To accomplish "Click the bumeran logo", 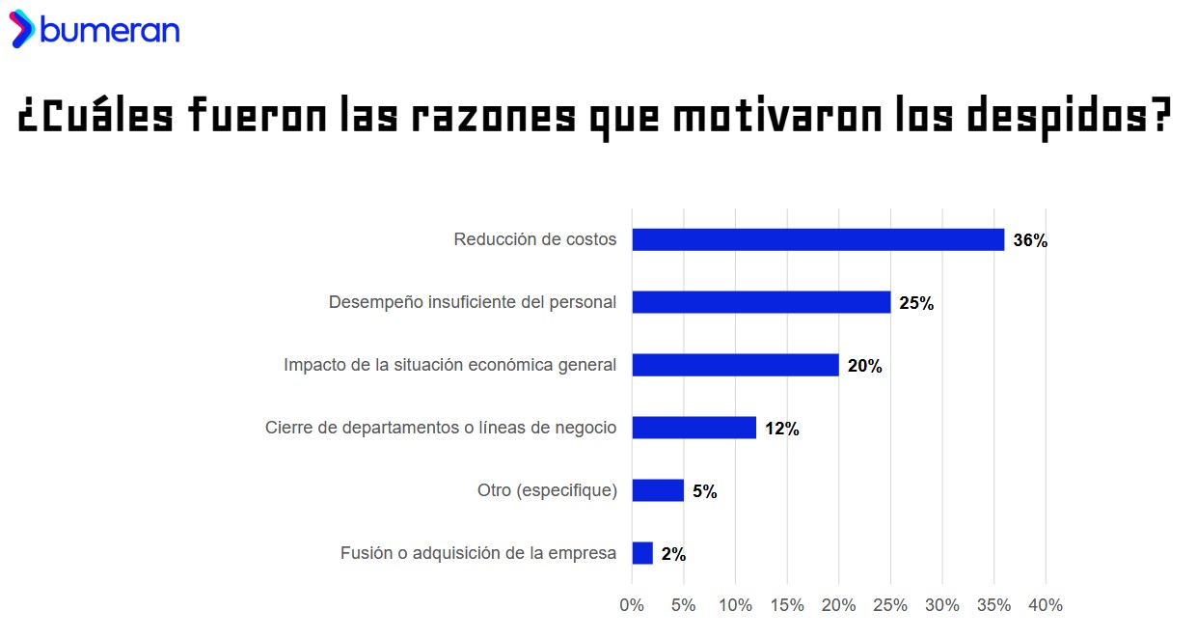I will click(x=95, y=30).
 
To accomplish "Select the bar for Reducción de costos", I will click(x=818, y=239).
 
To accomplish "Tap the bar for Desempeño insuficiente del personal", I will click(x=761, y=302).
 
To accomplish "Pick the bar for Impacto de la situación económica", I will click(x=735, y=365).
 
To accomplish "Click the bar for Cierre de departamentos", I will click(x=694, y=428).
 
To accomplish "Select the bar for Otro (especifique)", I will click(x=658, y=490).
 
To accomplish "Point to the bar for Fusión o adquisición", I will click(x=642, y=553).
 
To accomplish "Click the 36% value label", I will click(x=1029, y=241).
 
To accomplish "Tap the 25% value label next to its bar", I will click(x=915, y=304).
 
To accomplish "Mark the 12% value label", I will click(x=781, y=430).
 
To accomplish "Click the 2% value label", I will click(x=673, y=555).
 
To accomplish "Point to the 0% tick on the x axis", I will click(x=632, y=605).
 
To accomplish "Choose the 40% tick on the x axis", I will click(x=1046, y=605).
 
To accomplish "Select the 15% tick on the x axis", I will click(x=787, y=605).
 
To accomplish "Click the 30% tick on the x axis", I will click(x=942, y=605).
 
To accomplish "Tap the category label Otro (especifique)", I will click(x=547, y=490).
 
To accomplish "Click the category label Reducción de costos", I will click(x=534, y=239).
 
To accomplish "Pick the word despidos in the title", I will click(x=1069, y=118).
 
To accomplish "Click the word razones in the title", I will click(x=494, y=118).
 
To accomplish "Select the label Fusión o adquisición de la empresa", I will click(x=477, y=553).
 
